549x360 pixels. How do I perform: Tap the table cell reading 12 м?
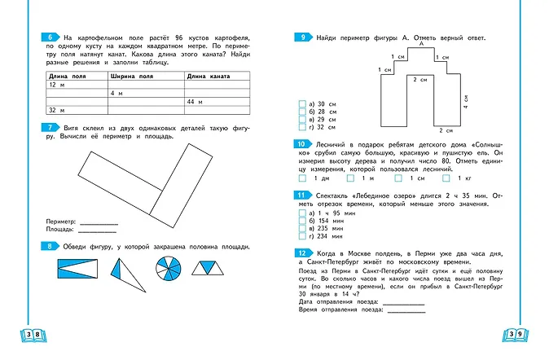click(x=56, y=85)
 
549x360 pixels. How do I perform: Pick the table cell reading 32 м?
click(x=56, y=109)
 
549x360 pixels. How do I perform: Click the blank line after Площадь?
click(x=98, y=230)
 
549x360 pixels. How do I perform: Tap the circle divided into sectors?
click(x=165, y=269)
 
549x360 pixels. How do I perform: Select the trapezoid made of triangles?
click(x=209, y=267)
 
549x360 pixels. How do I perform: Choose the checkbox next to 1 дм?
click(x=303, y=178)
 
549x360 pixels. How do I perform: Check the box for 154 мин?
click(x=302, y=220)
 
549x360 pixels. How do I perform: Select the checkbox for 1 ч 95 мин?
click(x=302, y=212)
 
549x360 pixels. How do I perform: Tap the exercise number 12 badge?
click(x=301, y=253)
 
